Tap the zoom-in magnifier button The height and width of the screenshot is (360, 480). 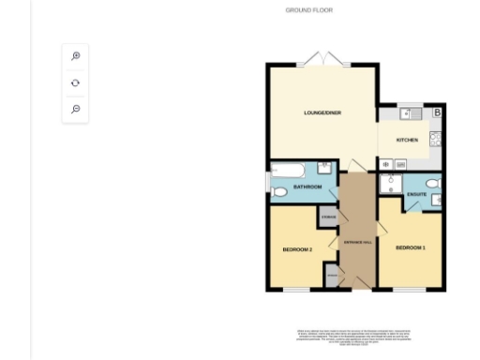[76, 56]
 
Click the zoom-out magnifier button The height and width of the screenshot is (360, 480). [76, 109]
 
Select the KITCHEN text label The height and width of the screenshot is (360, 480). [406, 140]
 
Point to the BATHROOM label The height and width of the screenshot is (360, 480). [307, 187]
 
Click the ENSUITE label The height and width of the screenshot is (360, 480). [417, 194]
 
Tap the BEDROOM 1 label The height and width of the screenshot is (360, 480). [410, 247]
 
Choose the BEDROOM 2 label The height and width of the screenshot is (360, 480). [297, 249]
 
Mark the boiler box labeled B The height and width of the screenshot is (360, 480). [437, 113]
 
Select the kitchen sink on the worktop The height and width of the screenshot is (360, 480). [407, 114]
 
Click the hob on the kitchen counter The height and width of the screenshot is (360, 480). [436, 139]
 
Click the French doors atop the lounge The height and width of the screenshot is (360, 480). [323, 58]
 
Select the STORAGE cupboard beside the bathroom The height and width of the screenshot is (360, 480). [328, 218]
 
